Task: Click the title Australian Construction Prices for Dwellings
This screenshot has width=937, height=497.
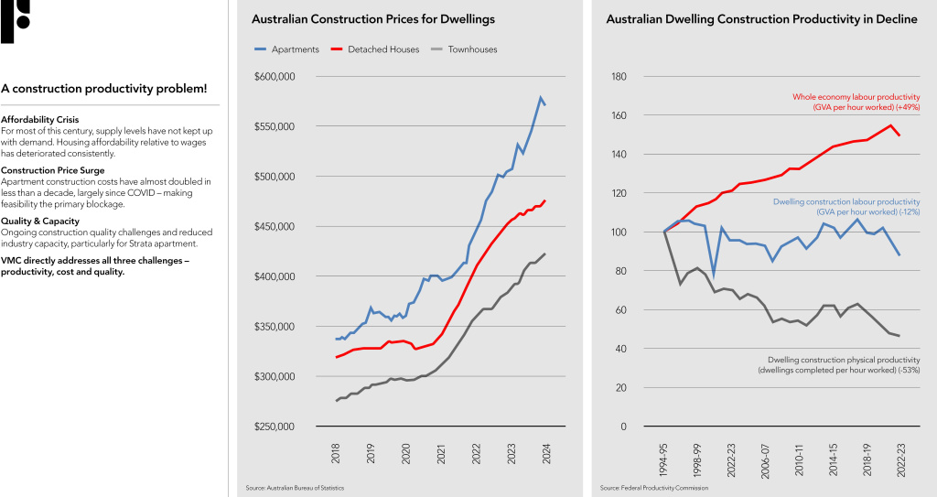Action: pos(373,19)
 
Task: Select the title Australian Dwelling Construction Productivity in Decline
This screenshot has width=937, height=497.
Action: pos(761,19)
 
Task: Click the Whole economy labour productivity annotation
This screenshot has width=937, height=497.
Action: pos(856,102)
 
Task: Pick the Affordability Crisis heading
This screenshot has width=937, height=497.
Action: pos(40,120)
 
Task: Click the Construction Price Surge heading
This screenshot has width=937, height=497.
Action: pos(53,170)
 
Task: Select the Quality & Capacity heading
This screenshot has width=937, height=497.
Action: pos(40,221)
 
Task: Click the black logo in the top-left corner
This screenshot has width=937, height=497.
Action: pos(15,20)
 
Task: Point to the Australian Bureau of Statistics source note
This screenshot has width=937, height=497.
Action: pos(296,488)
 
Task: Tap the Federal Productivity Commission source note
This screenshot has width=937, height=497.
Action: pos(654,488)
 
